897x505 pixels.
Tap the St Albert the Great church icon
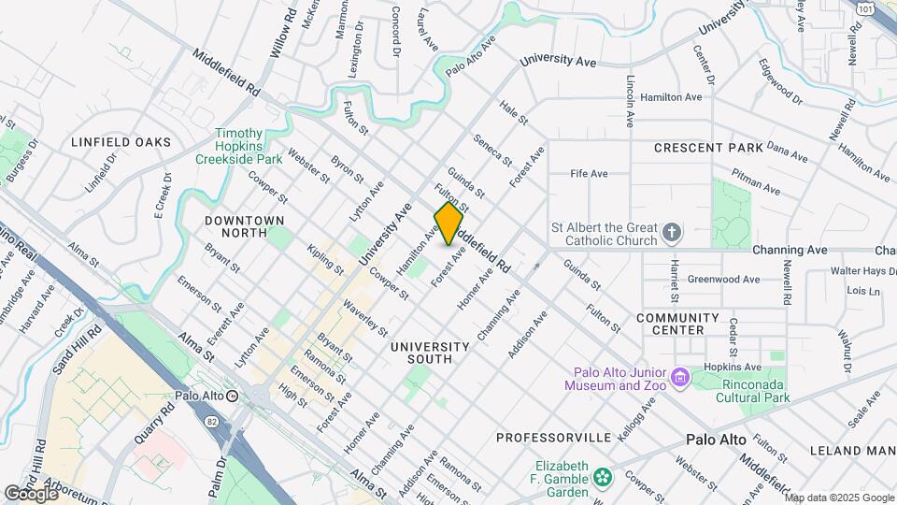(671, 231)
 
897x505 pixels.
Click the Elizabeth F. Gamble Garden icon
(603, 475)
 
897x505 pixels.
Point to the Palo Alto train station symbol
(232, 396)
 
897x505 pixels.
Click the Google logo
(31, 493)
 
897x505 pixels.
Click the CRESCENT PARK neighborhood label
(708, 148)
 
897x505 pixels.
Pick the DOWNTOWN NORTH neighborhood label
(245, 227)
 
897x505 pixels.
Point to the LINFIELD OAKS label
(121, 142)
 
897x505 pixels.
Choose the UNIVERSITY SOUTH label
(421, 353)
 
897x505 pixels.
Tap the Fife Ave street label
(590, 174)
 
